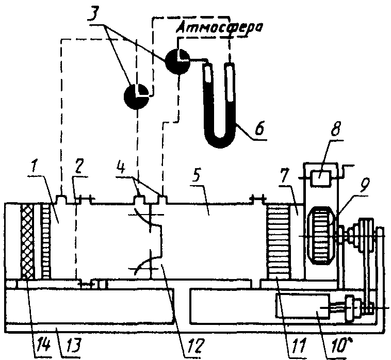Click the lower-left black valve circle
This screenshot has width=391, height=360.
(137, 96)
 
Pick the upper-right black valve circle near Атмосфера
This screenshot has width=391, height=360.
(178, 60)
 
